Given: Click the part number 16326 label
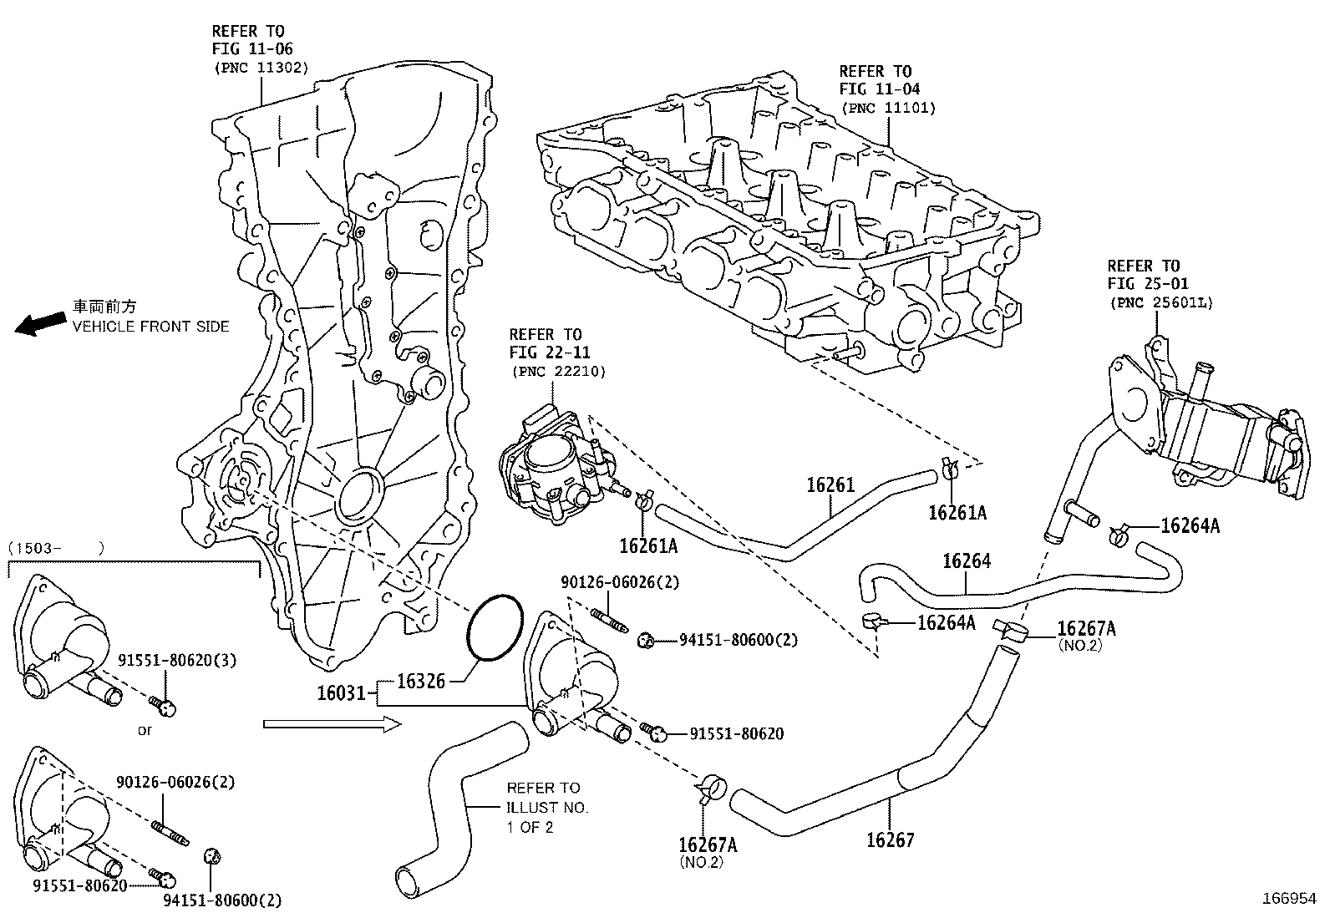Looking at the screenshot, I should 421,681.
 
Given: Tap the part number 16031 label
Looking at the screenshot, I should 341,692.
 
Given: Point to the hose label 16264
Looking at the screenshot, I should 967,561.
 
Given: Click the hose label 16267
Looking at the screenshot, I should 890,839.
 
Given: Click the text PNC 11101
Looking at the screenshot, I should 888,108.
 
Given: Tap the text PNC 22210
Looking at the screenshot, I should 557,371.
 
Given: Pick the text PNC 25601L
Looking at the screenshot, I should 1161,302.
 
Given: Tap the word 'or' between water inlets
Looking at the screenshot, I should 145,730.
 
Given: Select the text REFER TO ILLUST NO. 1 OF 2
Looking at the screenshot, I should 547,807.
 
